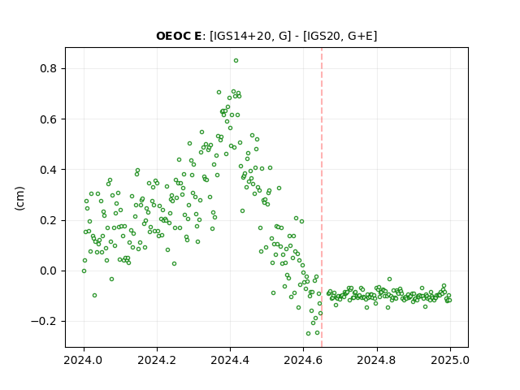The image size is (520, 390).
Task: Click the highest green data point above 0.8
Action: click(236, 61)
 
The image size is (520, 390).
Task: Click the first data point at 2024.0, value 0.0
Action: click(84, 271)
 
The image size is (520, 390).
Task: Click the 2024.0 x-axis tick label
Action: click(84, 360)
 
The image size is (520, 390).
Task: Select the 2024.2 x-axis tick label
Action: click(157, 360)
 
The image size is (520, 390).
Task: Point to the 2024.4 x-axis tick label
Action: click(230, 360)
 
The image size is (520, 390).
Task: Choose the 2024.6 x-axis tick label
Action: click(303, 360)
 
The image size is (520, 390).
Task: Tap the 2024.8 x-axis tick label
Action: click(377, 360)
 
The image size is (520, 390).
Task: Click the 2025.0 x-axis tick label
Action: click(450, 360)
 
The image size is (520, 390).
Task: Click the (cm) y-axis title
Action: click(19, 198)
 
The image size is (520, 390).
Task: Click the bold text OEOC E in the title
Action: click(179, 36)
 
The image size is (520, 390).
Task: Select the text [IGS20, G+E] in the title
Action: click(340, 36)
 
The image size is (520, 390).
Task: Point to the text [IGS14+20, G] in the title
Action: click(250, 36)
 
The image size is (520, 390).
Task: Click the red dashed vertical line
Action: click(322, 197)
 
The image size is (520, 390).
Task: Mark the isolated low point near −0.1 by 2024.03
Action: click(94, 295)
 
